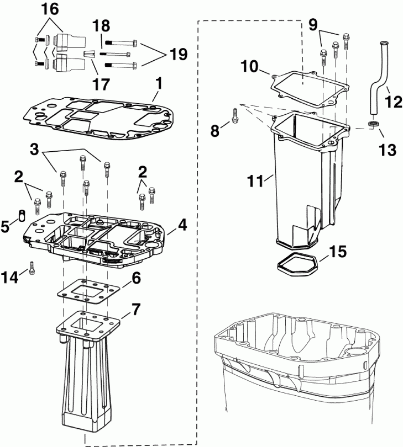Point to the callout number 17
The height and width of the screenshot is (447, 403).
[x=101, y=84]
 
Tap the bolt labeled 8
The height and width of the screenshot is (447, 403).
[x=235, y=115]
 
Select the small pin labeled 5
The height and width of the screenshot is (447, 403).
[x=22, y=215]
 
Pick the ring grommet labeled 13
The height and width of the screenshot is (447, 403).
[x=374, y=123]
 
